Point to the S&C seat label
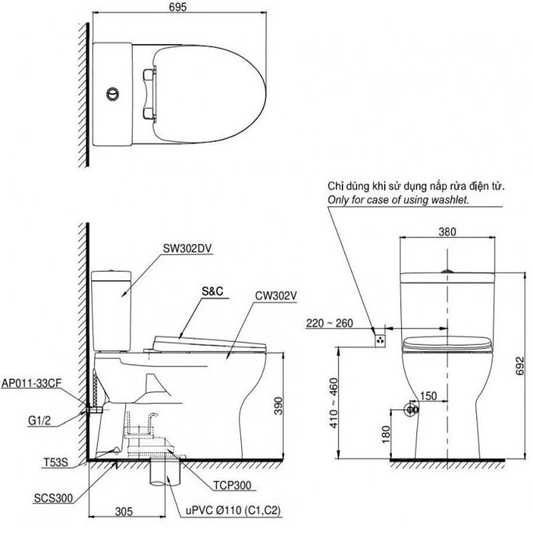click(213, 292)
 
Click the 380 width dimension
click(447, 233)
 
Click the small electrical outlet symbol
click(380, 339)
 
